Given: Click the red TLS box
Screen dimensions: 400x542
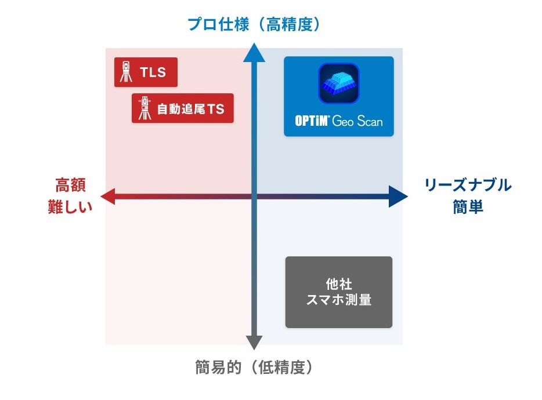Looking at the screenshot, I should tap(146, 72).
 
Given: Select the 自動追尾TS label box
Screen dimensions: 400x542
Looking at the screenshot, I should tap(183, 108).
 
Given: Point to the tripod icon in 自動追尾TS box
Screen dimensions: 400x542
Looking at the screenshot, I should tap(143, 108).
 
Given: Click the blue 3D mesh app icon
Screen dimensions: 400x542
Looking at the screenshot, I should tap(339, 83).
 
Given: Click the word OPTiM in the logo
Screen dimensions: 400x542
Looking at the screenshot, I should tap(312, 122).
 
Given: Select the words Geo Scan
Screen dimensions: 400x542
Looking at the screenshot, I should tap(357, 122).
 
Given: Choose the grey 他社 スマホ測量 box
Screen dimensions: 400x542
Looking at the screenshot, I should tap(339, 292).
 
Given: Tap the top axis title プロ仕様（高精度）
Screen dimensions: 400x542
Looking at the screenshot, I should tap(254, 24).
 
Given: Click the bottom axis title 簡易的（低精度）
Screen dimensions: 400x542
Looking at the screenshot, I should tap(254, 368).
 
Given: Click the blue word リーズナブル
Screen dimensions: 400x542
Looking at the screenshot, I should tap(468, 186).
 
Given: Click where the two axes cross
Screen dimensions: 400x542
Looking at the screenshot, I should tap(254, 197).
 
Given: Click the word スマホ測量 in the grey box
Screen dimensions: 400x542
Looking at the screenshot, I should tap(339, 300).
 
